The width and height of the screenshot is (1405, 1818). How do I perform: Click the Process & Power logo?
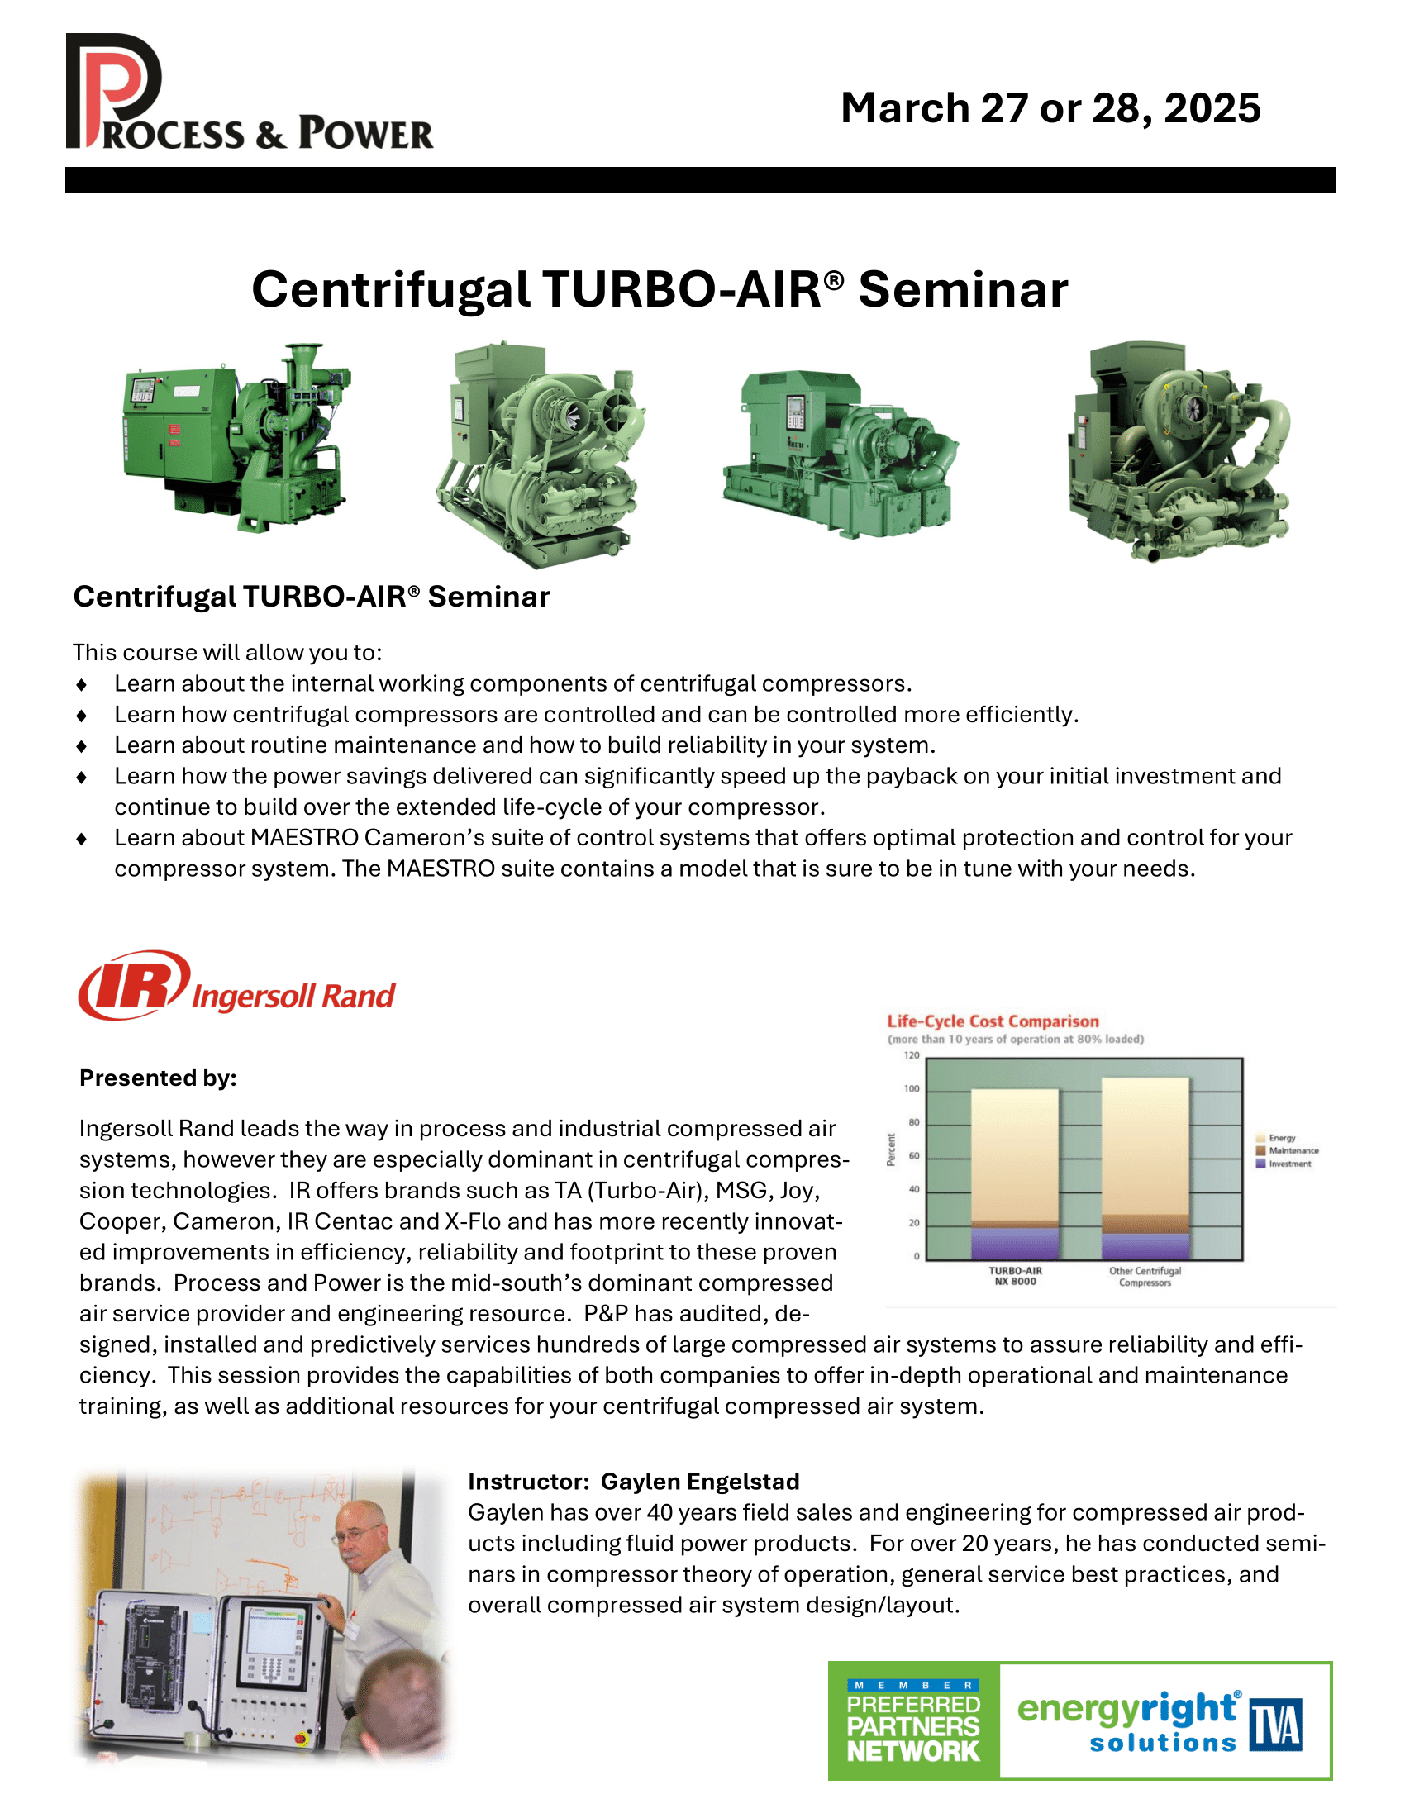coord(248,93)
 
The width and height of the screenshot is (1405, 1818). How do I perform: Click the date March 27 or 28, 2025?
coord(1050,108)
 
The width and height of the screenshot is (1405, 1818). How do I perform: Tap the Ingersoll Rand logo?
coord(236,987)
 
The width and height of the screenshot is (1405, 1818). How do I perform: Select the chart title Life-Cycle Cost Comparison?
coord(992,1021)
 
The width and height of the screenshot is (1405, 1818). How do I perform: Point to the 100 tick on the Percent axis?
coord(912,1089)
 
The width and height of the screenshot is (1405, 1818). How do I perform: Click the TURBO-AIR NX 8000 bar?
coord(1015,1173)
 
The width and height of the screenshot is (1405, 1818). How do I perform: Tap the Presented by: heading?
coord(158,1078)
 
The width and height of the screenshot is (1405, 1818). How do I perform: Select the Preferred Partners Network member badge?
coord(913,1720)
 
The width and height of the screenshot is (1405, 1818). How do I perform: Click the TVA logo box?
coord(1275,1725)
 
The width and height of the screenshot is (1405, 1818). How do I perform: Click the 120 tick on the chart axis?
coord(912,1055)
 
